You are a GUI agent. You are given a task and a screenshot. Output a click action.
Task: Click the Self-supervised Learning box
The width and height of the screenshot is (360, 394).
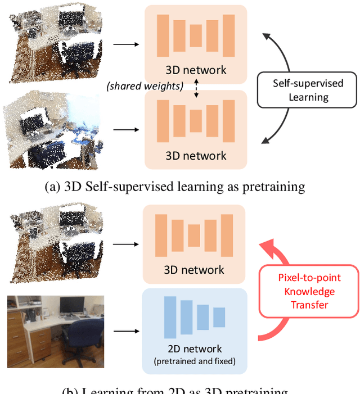pyautogui.click(x=308, y=90)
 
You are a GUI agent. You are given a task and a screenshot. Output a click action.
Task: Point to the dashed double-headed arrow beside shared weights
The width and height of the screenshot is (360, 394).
pyautogui.click(x=196, y=89)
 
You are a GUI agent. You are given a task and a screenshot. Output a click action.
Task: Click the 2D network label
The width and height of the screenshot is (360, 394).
pyautogui.click(x=195, y=348)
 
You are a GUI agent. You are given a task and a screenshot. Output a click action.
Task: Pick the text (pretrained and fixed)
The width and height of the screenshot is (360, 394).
pyautogui.click(x=195, y=361)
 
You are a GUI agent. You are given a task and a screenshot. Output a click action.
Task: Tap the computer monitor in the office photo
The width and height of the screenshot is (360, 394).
pyautogui.click(x=72, y=306)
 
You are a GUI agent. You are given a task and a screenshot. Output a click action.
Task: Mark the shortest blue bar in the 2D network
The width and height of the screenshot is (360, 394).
pyautogui.click(x=219, y=316)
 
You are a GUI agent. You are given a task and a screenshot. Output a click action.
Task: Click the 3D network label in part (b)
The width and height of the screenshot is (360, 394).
pyautogui.click(x=195, y=270)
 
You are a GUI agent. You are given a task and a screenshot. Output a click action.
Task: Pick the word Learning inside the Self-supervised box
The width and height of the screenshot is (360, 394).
pyautogui.click(x=308, y=97)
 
